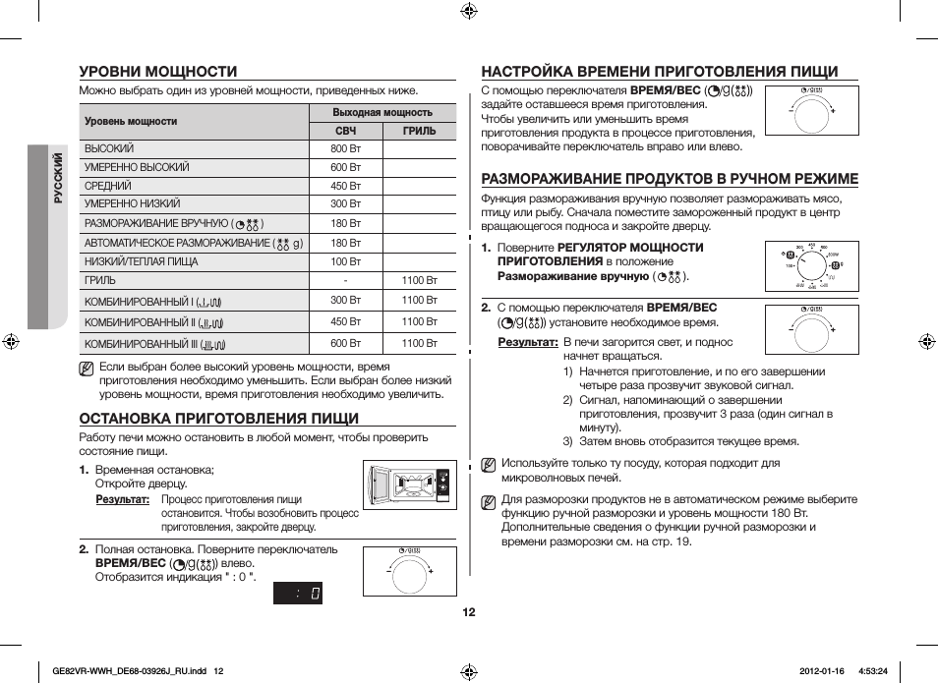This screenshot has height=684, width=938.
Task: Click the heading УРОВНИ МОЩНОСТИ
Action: pos(158,71)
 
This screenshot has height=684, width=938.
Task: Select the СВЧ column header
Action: pos(345,131)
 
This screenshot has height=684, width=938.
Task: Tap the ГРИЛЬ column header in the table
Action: pos(419,131)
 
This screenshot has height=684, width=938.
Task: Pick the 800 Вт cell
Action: pos(345,148)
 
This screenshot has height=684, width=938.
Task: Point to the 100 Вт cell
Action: pos(345,261)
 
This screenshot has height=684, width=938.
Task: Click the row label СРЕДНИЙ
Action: pos(108,186)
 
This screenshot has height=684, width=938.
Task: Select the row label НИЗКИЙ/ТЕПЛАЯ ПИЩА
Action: pos(141,261)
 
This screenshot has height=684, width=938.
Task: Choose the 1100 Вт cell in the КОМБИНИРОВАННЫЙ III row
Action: pos(419,343)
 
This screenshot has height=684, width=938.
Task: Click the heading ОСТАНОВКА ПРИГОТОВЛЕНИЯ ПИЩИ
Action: pos(218,417)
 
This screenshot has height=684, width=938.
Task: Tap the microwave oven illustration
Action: pos(409,484)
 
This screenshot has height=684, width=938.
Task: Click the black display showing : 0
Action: pos(298,593)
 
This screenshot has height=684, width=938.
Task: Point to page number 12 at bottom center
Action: pos(469,612)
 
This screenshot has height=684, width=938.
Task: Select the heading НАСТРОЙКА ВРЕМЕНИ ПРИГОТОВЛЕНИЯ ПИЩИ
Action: pos(659,71)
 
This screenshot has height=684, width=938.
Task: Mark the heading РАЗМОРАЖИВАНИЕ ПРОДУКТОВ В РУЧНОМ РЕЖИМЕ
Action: pos(669,178)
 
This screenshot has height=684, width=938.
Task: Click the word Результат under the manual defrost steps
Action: pos(527,342)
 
